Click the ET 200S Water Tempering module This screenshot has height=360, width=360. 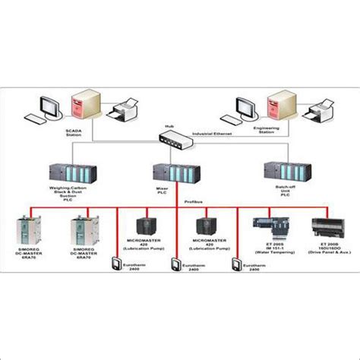tap(270, 226)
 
